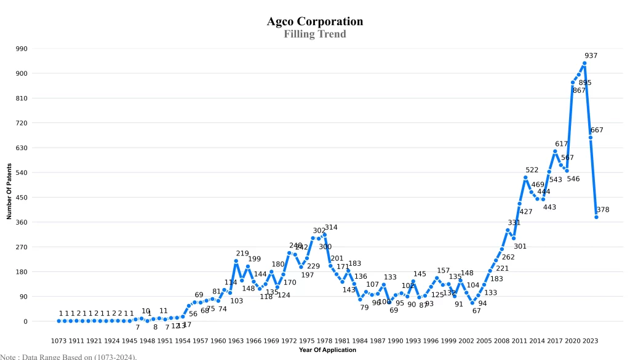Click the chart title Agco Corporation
click(x=314, y=22)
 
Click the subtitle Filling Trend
click(x=314, y=34)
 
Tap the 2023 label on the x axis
click(x=589, y=340)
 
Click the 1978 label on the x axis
click(x=324, y=340)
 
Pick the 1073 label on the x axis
click(x=58, y=340)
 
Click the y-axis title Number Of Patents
click(x=9, y=191)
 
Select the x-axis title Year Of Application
click(x=327, y=350)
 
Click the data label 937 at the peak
click(x=591, y=56)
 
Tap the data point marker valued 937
click(x=584, y=63)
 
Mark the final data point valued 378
click(x=596, y=217)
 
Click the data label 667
click(x=597, y=130)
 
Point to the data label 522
click(x=532, y=170)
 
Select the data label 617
click(x=561, y=144)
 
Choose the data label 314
click(x=331, y=228)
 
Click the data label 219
click(x=242, y=254)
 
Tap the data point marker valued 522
click(x=525, y=178)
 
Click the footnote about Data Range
click(x=68, y=356)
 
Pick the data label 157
click(x=443, y=271)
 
